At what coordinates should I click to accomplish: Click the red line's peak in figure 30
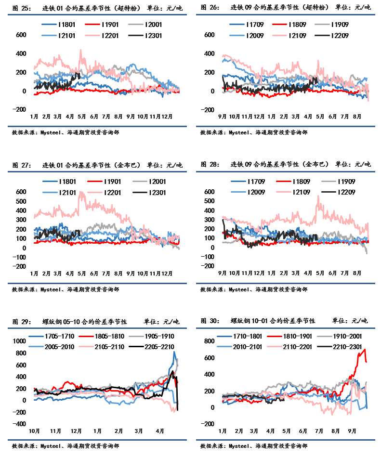(364, 350)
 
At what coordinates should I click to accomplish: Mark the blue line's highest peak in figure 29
(174, 352)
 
